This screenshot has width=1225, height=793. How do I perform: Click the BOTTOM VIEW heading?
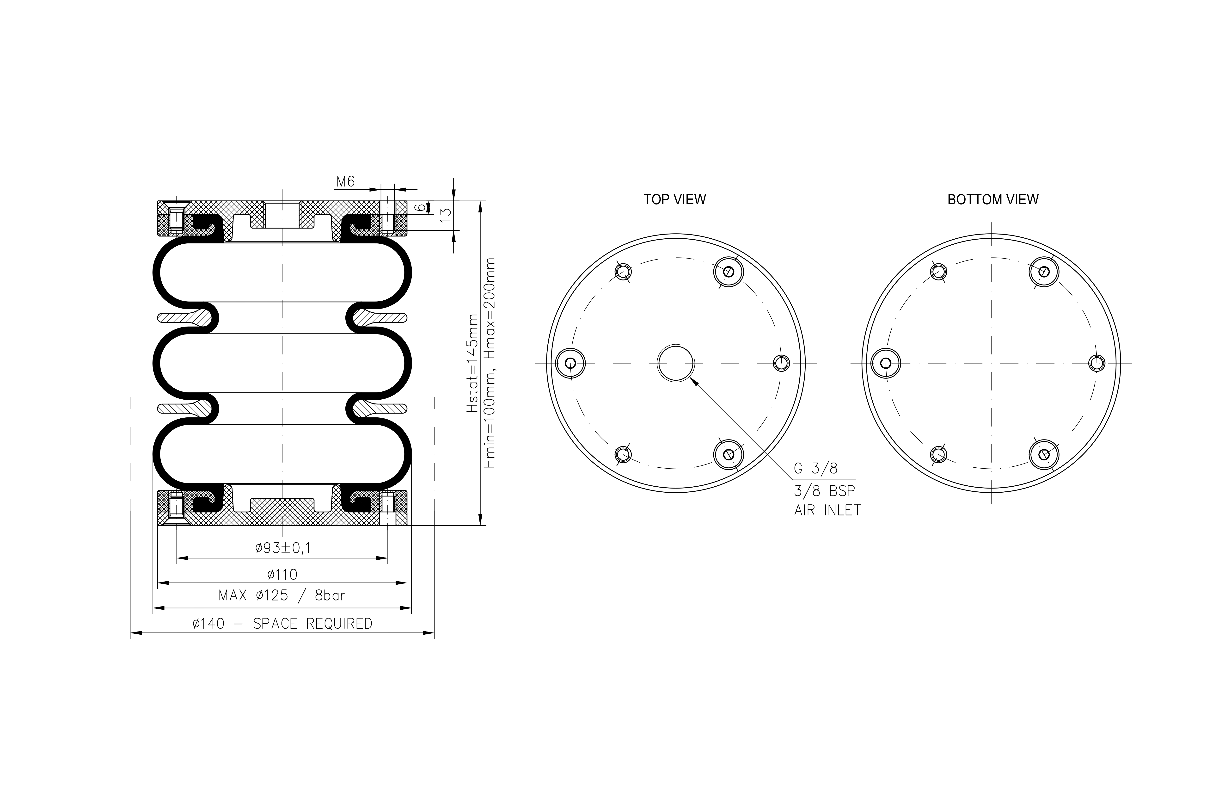[993, 199]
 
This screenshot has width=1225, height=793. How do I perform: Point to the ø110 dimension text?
[282, 574]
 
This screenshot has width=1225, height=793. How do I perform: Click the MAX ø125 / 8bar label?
[282, 596]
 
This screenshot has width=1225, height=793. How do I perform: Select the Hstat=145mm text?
[472, 363]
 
